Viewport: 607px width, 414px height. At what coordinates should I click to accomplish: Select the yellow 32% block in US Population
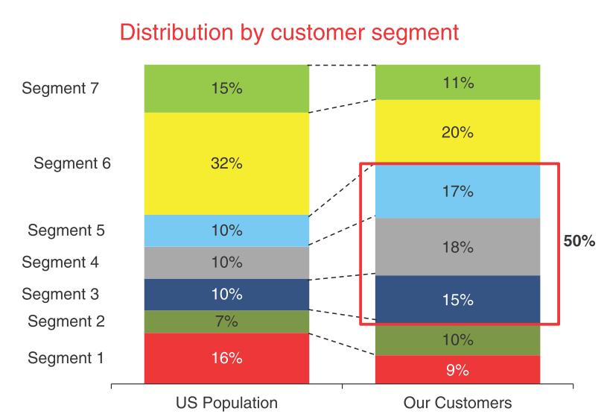pyautogui.click(x=226, y=163)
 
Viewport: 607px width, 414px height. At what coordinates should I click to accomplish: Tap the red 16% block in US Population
pyautogui.click(x=226, y=358)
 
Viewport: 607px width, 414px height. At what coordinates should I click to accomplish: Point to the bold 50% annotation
pyautogui.click(x=579, y=243)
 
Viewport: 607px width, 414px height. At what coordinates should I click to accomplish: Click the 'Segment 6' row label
pyautogui.click(x=72, y=163)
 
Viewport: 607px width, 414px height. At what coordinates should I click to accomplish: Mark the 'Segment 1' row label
pyautogui.click(x=66, y=358)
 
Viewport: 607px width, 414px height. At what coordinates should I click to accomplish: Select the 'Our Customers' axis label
pyautogui.click(x=457, y=403)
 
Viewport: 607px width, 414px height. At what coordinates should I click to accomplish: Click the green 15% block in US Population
pyautogui.click(x=226, y=88)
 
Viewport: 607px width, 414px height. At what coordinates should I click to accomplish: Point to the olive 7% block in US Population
pyautogui.click(x=226, y=322)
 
